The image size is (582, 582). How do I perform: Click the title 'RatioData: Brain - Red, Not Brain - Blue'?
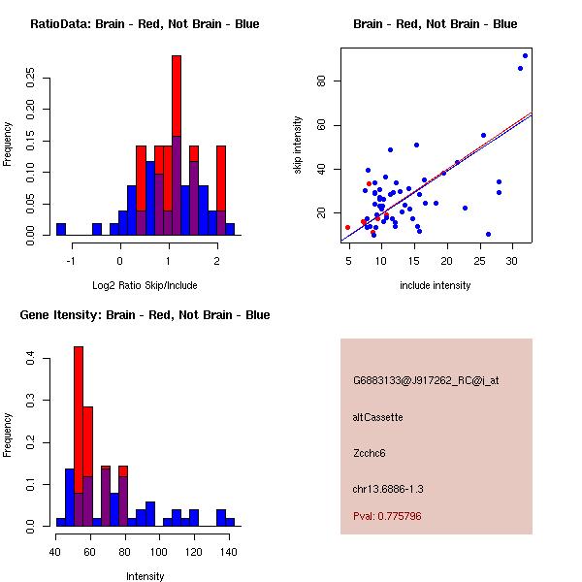pos(145,24)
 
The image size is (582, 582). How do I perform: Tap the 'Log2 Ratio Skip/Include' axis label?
pos(145,285)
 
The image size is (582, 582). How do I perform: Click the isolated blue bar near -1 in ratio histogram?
pos(61,229)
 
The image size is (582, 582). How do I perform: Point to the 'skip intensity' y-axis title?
pos(298,145)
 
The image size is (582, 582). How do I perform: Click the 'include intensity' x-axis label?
pos(436,285)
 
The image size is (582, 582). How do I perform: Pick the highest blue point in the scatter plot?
pos(525,55)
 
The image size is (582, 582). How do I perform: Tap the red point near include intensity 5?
pos(348,227)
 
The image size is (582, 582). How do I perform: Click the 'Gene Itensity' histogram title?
pos(145,315)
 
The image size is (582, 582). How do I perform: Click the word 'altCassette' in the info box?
pos(377,417)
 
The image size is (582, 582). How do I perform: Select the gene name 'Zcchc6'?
pos(370,453)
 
